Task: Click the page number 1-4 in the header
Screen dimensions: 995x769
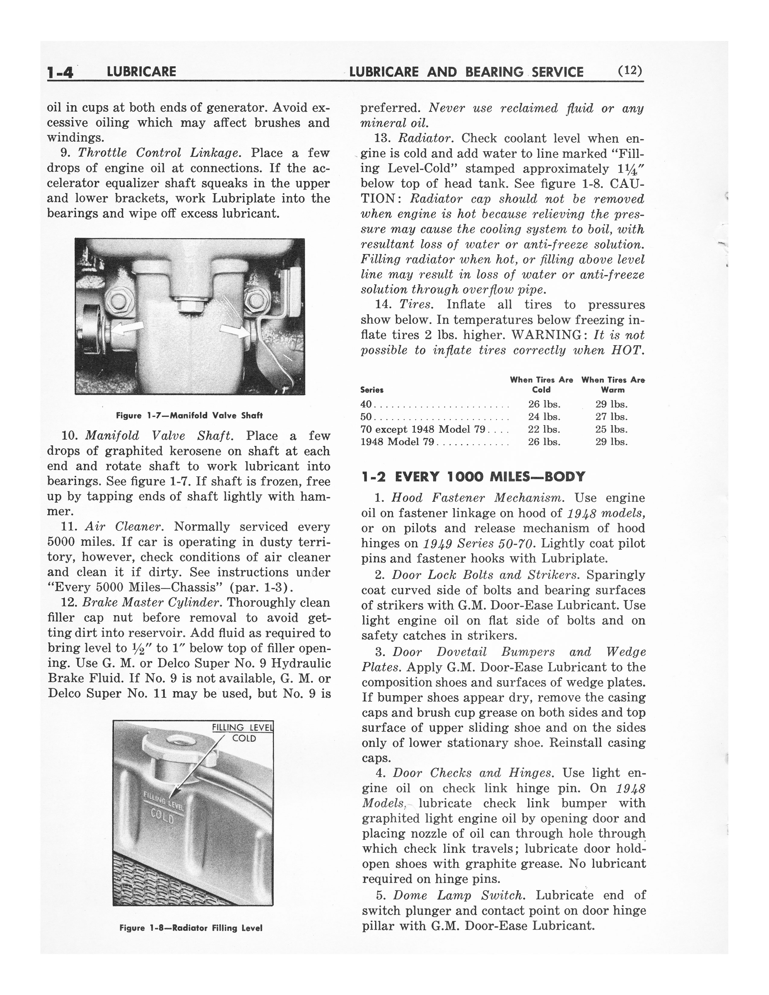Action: point(60,72)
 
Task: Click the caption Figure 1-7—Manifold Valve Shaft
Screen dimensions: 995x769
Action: point(189,415)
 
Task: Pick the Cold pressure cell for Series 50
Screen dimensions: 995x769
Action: point(544,416)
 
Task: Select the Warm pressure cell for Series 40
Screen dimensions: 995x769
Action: point(611,404)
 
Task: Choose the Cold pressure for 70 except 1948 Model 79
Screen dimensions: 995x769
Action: point(544,429)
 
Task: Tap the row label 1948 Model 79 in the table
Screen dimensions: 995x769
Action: point(397,442)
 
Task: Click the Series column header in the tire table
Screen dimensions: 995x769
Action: point(372,390)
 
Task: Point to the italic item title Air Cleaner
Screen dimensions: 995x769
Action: point(123,527)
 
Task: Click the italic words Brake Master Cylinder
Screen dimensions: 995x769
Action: point(152,602)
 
